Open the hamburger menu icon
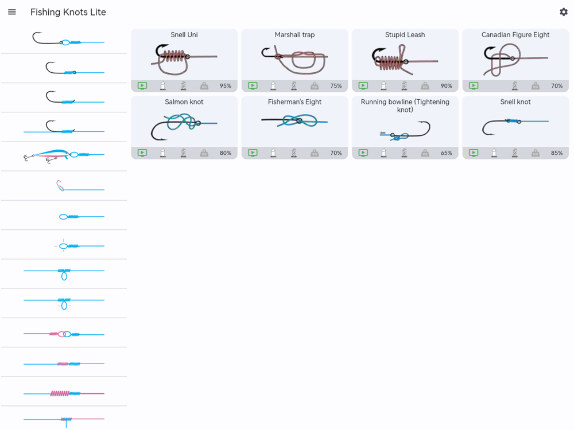click(11, 12)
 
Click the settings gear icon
click(564, 12)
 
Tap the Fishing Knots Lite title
click(68, 12)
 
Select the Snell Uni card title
click(184, 35)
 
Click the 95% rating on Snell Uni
click(226, 86)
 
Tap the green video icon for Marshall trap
click(253, 86)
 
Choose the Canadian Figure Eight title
click(515, 35)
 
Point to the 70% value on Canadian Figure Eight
click(557, 86)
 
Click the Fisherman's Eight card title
click(294, 102)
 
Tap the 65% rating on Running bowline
click(446, 153)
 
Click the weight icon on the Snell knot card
click(535, 153)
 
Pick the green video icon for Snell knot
click(474, 153)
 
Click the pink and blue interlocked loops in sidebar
click(64, 334)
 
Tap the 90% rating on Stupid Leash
click(446, 86)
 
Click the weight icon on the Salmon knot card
click(204, 153)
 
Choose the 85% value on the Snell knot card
click(557, 153)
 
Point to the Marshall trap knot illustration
click(294, 60)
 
